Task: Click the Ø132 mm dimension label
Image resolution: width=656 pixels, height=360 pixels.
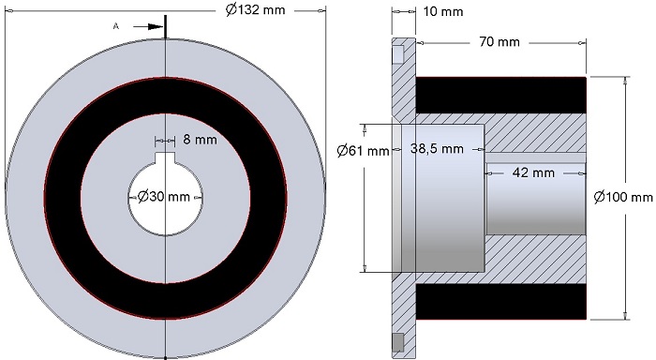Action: point(255,9)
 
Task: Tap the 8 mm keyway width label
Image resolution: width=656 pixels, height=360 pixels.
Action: point(200,140)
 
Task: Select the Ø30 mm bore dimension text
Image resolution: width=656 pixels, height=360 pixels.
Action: point(164,196)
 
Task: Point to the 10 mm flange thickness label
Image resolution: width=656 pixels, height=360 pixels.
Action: point(443,11)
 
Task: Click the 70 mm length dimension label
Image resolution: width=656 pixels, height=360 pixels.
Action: point(499,42)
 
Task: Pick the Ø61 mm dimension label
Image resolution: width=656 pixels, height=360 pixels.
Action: point(364,150)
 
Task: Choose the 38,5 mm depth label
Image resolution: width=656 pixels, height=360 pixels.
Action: point(437,149)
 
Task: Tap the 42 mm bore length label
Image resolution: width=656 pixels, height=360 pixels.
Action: point(533,172)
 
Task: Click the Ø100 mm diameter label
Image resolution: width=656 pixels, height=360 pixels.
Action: point(623,196)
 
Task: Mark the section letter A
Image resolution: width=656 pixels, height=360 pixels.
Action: point(116,26)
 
